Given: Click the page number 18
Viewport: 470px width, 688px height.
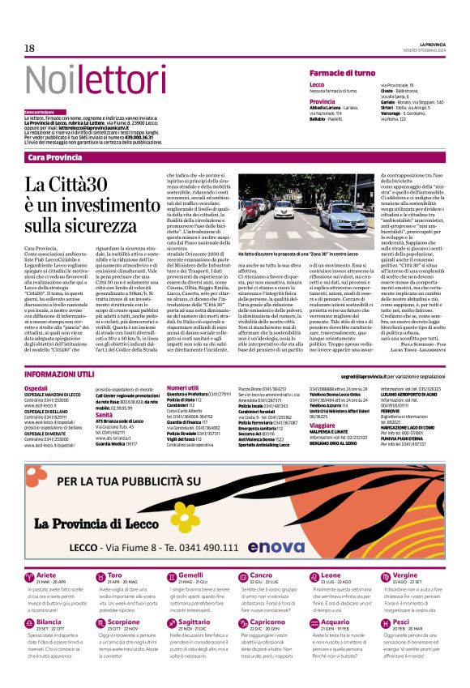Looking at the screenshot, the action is tap(29, 49).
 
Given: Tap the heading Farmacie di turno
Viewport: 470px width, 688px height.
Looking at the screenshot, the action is tap(347, 73).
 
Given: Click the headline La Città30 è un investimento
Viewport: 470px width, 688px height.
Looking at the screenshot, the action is tap(80, 203).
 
